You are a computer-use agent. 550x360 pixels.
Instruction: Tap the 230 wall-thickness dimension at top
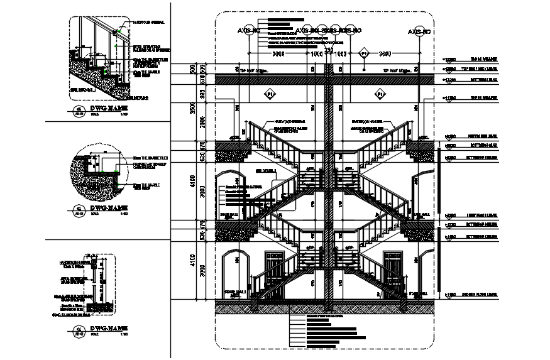point(327,49)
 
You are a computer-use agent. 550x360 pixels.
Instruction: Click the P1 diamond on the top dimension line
point(363,55)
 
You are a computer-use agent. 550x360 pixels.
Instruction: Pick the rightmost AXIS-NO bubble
point(418,31)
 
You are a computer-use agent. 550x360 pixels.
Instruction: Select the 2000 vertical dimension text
point(202,121)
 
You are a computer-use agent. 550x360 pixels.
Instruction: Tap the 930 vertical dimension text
point(202,94)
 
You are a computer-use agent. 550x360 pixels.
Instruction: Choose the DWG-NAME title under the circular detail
point(109,207)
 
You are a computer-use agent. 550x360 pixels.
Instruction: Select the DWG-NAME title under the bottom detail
point(109,329)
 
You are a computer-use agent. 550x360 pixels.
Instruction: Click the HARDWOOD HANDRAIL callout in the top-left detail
point(149,22)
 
